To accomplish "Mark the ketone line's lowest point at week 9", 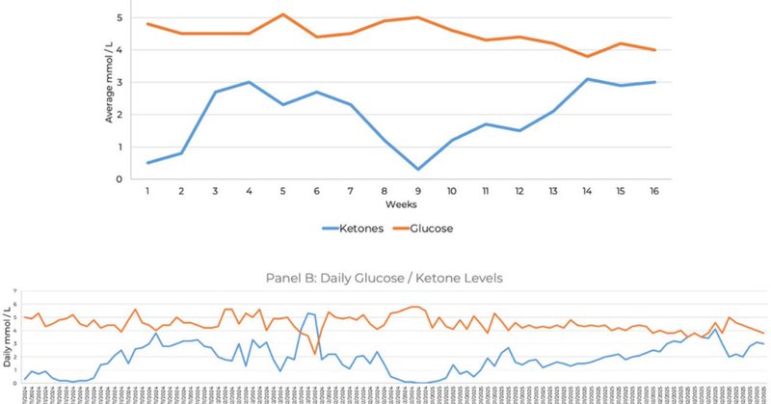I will [418, 170].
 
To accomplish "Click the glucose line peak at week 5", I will [283, 14].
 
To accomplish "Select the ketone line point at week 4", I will [250, 82].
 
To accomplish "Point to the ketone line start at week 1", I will [147, 163].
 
